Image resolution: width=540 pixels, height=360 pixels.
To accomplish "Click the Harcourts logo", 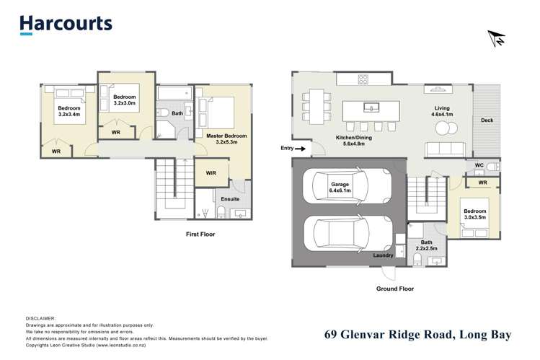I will point(66,24).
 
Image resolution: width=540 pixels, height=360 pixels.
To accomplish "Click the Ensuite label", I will point(230,198).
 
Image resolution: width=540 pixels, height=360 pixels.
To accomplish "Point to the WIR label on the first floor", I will point(211,173).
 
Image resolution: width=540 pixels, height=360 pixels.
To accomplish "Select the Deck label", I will point(487,120).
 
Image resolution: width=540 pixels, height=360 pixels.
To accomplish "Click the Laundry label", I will point(382,255).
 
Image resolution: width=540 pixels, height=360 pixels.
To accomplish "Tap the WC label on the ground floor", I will point(479,166).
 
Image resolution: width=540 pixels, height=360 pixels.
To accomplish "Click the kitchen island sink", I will point(372,108).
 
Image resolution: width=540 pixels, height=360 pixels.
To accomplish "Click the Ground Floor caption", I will point(395,288).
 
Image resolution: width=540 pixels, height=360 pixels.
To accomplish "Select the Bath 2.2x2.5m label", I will point(426,246).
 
